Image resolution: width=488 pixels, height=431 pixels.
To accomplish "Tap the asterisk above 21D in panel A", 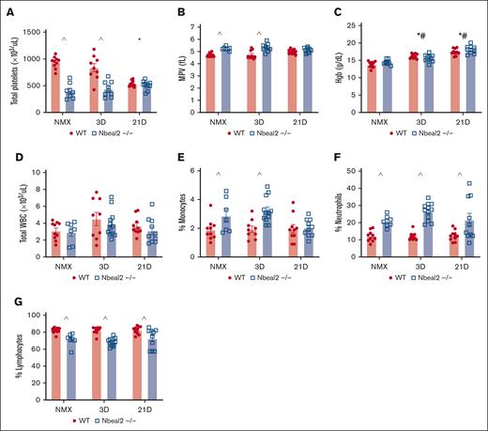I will coord(140,39).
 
